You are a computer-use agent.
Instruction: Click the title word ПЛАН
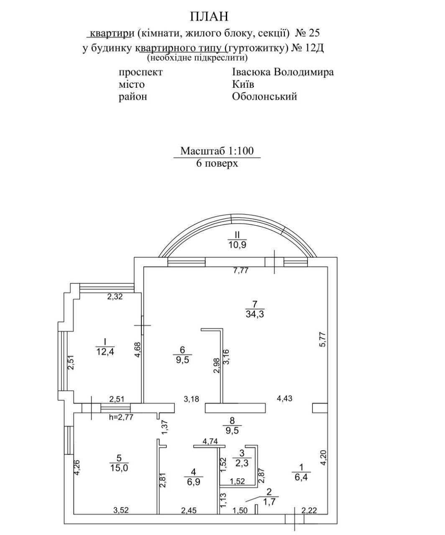point(210,16)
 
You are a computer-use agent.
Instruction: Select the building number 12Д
point(315,48)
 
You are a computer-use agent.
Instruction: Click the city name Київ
point(243,84)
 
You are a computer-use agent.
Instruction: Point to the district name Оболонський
point(264,97)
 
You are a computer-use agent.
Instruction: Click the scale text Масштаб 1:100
point(217,151)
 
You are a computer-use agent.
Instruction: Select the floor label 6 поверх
point(217,163)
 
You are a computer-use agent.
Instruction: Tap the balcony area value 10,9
point(237,245)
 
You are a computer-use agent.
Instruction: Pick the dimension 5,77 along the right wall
point(322,332)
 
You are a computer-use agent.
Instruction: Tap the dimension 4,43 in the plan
point(284,398)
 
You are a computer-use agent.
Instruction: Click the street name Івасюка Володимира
point(283,72)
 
